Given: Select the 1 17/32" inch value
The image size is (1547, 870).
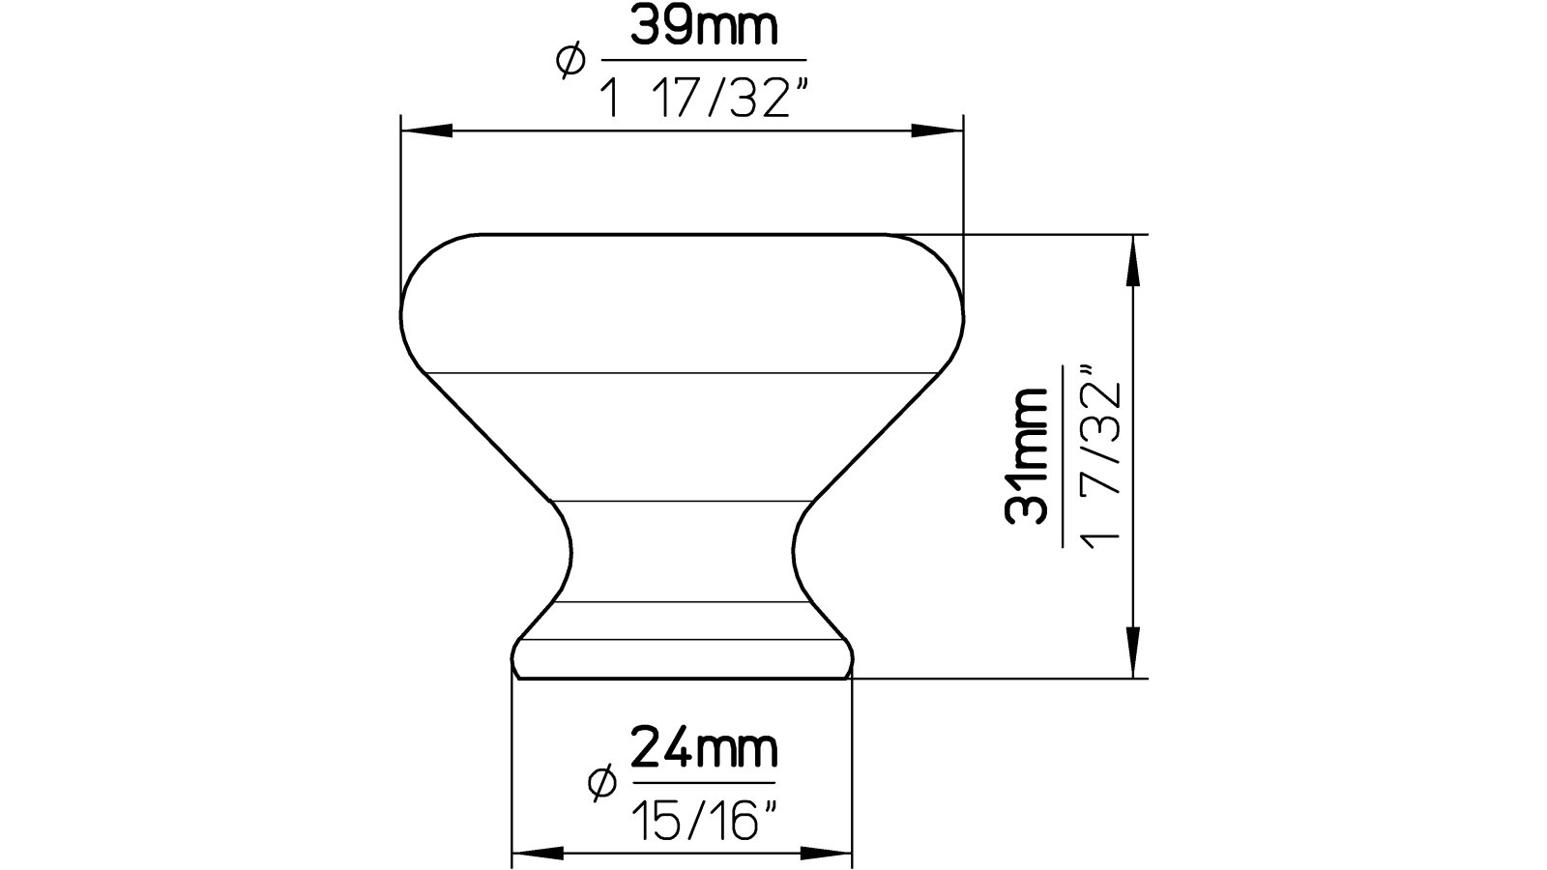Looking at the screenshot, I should pyautogui.click(x=704, y=98).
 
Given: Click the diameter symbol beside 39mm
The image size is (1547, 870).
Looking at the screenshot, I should pyautogui.click(x=569, y=62).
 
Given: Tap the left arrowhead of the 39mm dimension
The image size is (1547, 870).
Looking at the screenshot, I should pyautogui.click(x=425, y=130).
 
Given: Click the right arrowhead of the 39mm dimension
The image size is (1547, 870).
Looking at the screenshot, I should pyautogui.click(x=938, y=130).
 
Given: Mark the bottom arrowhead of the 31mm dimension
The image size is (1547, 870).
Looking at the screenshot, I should pyautogui.click(x=1131, y=652).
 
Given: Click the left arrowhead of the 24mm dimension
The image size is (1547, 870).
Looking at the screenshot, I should pyautogui.click(x=537, y=853).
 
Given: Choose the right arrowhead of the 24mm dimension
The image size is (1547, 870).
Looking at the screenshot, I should pyautogui.click(x=827, y=853).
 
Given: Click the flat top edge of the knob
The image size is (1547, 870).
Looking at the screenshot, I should pyautogui.click(x=682, y=234).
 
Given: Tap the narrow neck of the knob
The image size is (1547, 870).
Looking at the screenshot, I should pyautogui.click(x=682, y=551).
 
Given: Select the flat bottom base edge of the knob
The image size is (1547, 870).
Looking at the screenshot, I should pyautogui.click(x=682, y=679).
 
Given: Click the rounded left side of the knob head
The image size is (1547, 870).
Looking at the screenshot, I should pyautogui.click(x=403, y=309).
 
